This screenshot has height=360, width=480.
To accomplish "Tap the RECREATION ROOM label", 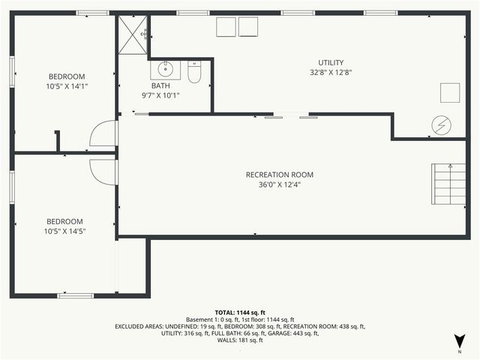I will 279,175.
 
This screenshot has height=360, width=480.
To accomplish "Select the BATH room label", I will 160,85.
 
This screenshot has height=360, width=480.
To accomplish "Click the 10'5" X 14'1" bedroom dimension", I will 67,85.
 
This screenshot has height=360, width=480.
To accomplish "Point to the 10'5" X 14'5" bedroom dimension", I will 65,231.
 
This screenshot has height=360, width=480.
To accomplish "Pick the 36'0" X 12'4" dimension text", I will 279,185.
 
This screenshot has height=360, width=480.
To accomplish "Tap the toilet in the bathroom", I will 194,73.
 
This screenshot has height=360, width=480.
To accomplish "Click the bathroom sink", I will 165,71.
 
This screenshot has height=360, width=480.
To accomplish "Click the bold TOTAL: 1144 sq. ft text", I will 240,312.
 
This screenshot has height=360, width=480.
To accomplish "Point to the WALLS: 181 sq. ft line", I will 240,340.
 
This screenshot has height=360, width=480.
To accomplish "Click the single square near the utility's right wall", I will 449,93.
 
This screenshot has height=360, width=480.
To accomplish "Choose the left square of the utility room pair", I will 226,27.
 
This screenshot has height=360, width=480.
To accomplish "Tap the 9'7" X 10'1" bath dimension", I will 160,95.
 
